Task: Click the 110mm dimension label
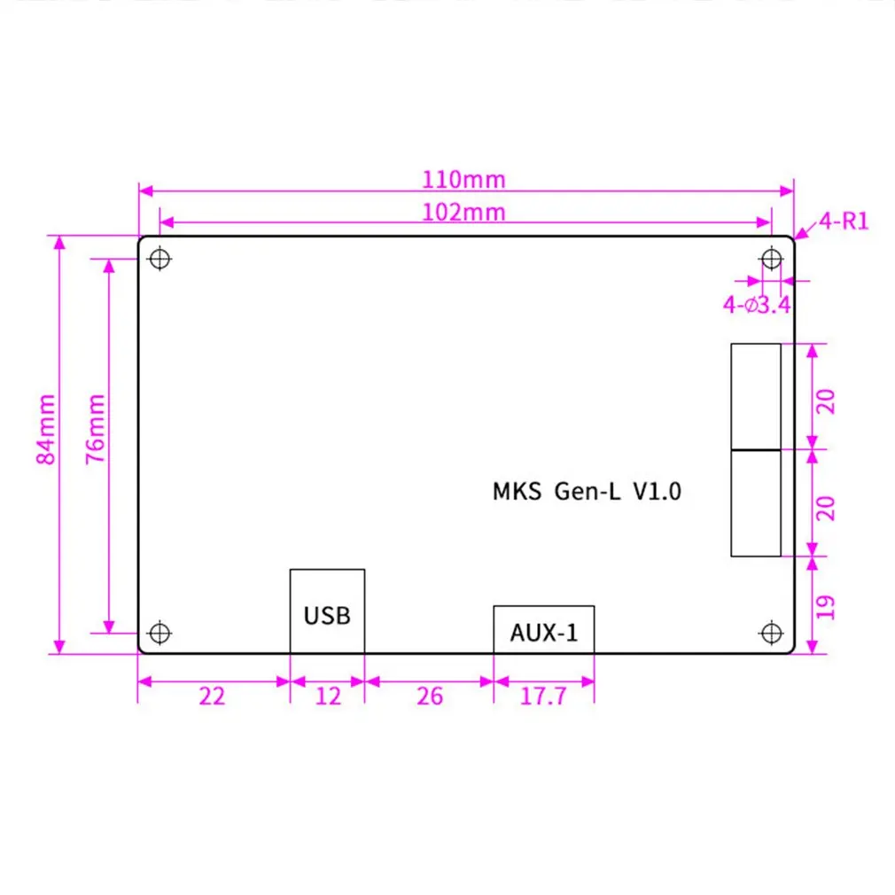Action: tap(463, 179)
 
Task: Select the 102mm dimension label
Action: tap(463, 212)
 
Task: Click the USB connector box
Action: tap(327, 611)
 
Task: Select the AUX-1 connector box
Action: tap(543, 630)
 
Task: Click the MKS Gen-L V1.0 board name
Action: tap(587, 492)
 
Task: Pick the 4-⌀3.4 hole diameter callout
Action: tap(756, 306)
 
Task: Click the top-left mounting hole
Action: tap(160, 259)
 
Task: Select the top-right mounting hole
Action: tap(771, 259)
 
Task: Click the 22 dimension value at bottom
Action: tap(212, 697)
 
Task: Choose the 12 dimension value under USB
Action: tap(328, 697)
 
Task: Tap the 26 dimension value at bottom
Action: tap(429, 697)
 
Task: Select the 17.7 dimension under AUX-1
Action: tap(543, 697)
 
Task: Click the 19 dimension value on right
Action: tap(825, 606)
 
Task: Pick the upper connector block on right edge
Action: tap(755, 396)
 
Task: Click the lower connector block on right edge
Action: tap(755, 503)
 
